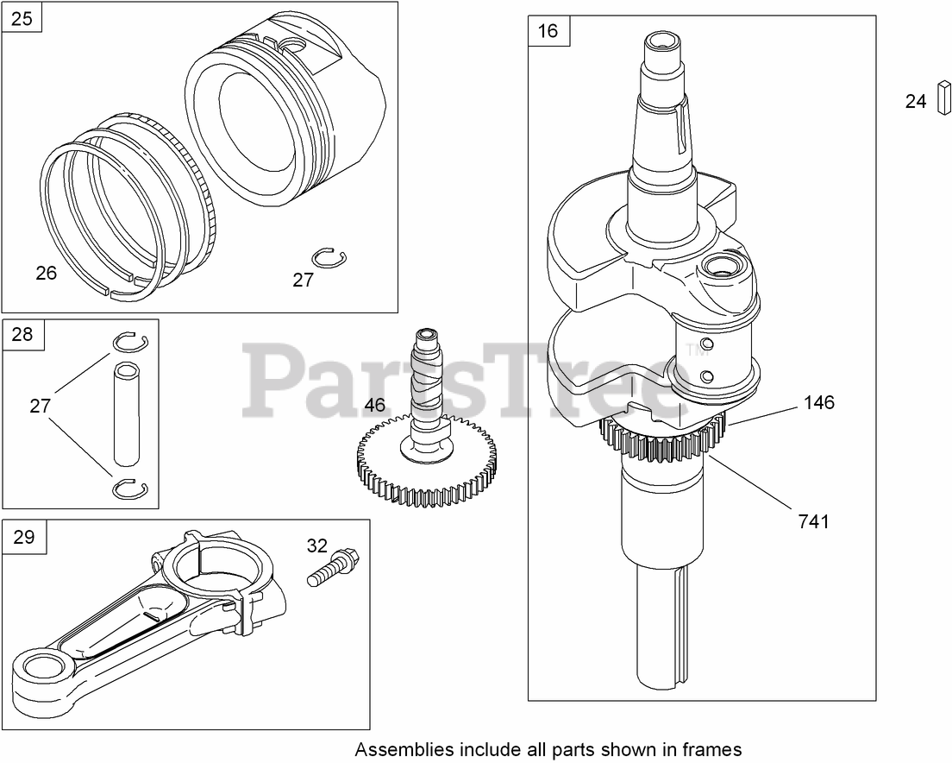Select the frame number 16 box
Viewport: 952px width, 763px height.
(x=548, y=32)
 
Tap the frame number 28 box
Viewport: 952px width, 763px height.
(x=22, y=334)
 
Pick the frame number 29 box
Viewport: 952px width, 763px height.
(x=24, y=537)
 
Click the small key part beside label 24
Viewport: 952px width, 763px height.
(x=942, y=100)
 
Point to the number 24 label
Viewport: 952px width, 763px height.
(x=916, y=102)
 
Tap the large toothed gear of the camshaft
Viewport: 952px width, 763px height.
(x=428, y=470)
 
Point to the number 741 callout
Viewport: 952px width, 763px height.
(x=813, y=521)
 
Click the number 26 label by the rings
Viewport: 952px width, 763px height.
(x=46, y=273)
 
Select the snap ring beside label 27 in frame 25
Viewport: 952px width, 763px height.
(x=325, y=257)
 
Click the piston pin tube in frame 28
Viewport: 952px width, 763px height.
(x=128, y=413)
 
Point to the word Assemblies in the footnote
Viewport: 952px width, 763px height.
(x=399, y=748)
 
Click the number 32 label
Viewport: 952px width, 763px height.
(x=317, y=545)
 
